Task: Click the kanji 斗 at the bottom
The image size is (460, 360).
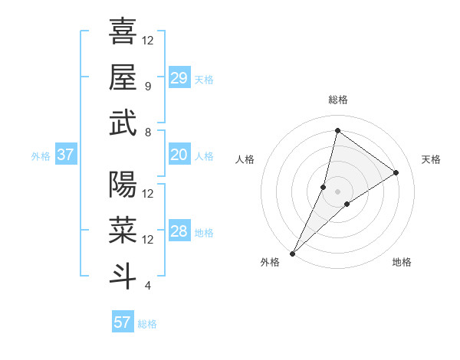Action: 123,276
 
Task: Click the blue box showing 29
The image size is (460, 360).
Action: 179,78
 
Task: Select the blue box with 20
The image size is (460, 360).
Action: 179,155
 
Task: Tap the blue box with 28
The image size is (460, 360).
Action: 179,231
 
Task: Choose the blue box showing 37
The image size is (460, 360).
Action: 66,155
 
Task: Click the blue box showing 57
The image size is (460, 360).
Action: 123,322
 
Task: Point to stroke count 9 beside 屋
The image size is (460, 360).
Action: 147,86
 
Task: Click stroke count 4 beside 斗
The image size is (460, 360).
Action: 147,286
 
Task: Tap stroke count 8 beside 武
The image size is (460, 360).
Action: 147,133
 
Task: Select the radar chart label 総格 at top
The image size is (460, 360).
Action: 338,100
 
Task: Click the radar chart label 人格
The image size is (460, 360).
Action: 245,159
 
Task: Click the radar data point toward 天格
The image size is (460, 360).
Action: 396,172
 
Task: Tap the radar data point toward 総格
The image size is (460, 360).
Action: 337,130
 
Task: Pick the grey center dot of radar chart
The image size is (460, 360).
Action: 337,191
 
